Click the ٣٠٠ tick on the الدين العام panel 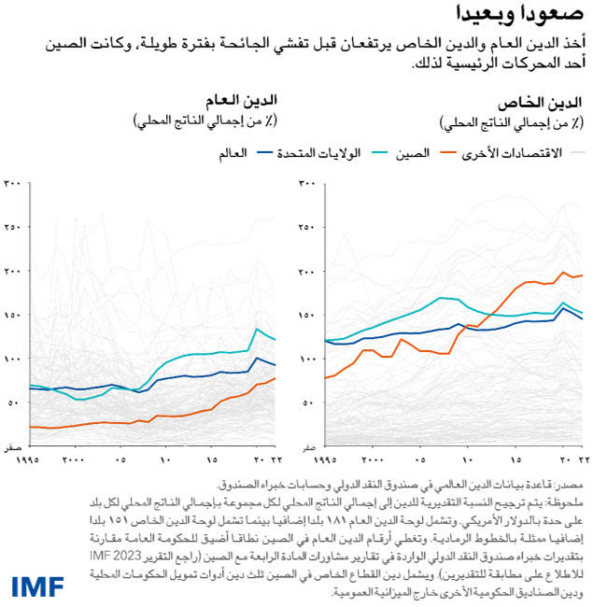(x=13, y=184)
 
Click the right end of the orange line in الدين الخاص (x=582, y=275)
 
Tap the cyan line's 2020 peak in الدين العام (x=258, y=329)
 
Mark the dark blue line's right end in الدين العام (x=275, y=364)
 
